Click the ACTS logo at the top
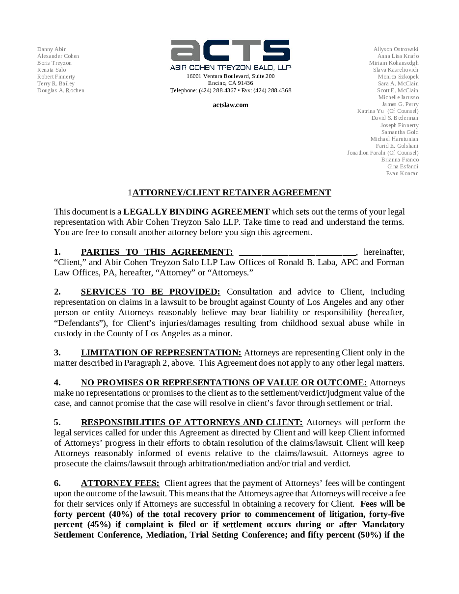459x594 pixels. pyautogui.click(x=230, y=51)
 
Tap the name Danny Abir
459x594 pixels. pyautogui.click(x=52, y=49)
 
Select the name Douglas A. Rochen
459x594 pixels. pyautogui.click(x=61, y=90)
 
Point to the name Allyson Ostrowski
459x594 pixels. pyautogui.click(x=396, y=49)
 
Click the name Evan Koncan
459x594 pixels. pyautogui.click(x=402, y=173)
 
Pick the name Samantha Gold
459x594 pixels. pyautogui.click(x=400, y=132)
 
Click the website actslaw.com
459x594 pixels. pyautogui.click(x=230, y=105)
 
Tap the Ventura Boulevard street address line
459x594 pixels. pyautogui.click(x=230, y=76)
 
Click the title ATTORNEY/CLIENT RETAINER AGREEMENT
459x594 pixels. pyautogui.click(x=232, y=192)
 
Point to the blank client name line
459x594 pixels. pyautogui.click(x=297, y=252)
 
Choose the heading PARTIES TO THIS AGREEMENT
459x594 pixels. pyautogui.click(x=157, y=252)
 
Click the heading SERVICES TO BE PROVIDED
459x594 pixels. pyautogui.click(x=150, y=292)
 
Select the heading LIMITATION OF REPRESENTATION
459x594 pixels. pyautogui.click(x=161, y=352)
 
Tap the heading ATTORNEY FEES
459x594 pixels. pyautogui.click(x=120, y=483)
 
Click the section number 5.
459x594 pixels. pyautogui.click(x=57, y=422)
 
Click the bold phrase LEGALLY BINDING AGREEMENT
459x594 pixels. pyautogui.click(x=196, y=212)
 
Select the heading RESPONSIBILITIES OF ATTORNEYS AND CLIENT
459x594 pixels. pyautogui.click(x=192, y=422)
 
